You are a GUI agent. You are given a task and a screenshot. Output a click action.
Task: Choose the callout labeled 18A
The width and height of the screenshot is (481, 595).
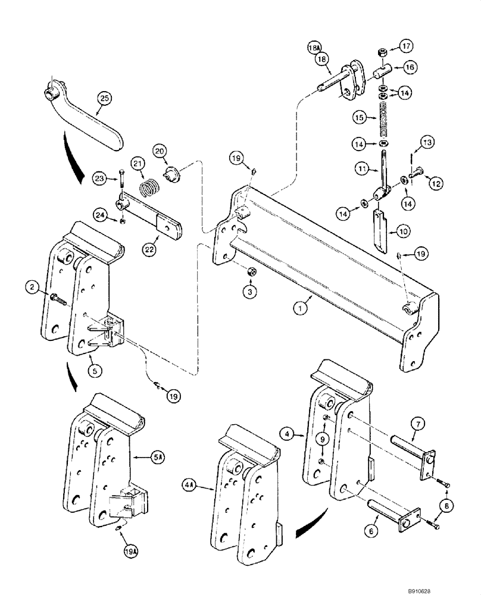coord(315,48)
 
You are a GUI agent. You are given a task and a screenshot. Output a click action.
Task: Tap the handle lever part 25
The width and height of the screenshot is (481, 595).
coord(95,122)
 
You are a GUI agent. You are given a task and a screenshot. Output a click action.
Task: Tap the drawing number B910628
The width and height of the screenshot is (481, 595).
coord(455,587)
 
